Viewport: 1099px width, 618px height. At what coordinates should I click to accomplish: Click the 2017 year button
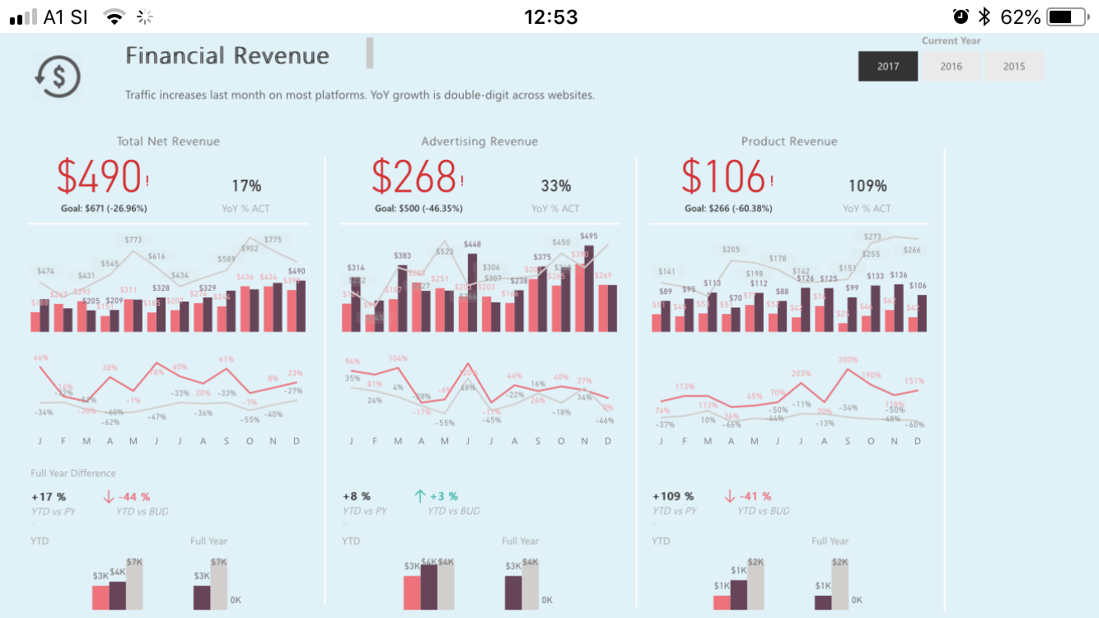pos(888,67)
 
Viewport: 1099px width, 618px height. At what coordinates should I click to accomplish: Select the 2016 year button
pos(951,67)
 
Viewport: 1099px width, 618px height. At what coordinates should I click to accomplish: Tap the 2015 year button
pos(1014,67)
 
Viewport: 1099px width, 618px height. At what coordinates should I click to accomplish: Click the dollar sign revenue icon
pos(58,77)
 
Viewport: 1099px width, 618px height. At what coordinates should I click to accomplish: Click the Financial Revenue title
pos(227,56)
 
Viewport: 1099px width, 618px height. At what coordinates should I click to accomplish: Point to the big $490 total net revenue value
pos(100,176)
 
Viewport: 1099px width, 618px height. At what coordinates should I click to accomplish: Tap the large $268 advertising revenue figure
pos(414,176)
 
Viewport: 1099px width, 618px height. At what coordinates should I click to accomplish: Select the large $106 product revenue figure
pos(723,176)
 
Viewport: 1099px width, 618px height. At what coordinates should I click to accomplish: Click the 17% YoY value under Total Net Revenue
pos(246,186)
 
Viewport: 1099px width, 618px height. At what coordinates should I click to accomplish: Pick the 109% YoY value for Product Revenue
pos(868,186)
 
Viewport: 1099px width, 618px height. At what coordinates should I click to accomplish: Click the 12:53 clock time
pos(550,16)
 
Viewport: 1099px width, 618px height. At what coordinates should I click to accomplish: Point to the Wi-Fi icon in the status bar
pos(114,16)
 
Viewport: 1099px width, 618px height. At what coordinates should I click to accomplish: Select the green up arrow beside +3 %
pos(419,496)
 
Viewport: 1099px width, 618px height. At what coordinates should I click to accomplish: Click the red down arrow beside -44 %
pos(108,496)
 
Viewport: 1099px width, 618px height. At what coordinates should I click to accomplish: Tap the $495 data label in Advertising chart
pos(588,236)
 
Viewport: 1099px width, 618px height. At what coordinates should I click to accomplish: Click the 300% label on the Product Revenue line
pos(848,359)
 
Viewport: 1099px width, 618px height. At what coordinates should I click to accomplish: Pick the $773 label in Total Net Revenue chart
pos(133,240)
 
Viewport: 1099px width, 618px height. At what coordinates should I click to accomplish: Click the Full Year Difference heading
pos(73,473)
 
